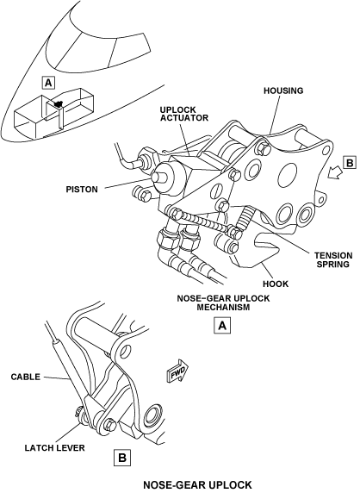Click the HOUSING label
coord(283,90)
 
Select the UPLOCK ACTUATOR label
coord(184,114)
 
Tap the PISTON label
coord(82,190)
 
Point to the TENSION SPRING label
coord(333,259)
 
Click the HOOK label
coord(276,284)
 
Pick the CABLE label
coord(26,377)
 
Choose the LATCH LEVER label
coord(54,447)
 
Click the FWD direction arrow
coord(177,371)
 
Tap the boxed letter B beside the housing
coord(350,163)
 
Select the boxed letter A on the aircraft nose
coord(48,83)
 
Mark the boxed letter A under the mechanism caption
coord(222,326)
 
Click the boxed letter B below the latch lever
coord(122,458)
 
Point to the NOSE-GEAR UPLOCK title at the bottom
coord(197,485)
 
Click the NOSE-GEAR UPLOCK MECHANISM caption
coord(223,303)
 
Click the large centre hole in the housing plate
coord(287,174)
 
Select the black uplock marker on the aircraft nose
coord(58,103)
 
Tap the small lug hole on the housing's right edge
coord(320,200)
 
